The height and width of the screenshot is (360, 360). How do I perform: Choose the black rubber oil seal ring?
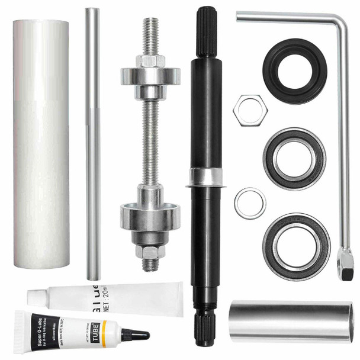[x=295, y=70]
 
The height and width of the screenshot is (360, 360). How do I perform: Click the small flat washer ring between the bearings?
[x=250, y=202]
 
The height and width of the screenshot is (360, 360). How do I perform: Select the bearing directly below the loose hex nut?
[x=294, y=159]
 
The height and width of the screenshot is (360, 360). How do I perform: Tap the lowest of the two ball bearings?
[x=297, y=246]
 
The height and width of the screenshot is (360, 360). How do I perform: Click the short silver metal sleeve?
[x=291, y=321]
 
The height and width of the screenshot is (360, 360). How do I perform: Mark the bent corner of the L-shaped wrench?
[x=341, y=24]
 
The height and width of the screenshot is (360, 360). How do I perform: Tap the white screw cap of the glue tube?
[x=36, y=296]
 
